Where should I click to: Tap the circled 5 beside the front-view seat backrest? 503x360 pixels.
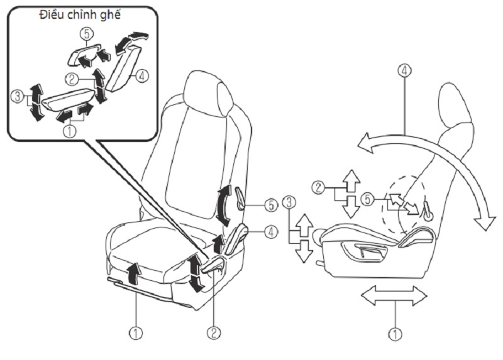pyautogui.click(x=269, y=205)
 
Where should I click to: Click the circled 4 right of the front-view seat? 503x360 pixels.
pyautogui.click(x=270, y=232)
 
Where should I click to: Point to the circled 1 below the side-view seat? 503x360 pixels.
pyautogui.click(x=395, y=334)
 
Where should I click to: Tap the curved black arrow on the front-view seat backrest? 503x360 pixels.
pyautogui.click(x=223, y=207)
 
